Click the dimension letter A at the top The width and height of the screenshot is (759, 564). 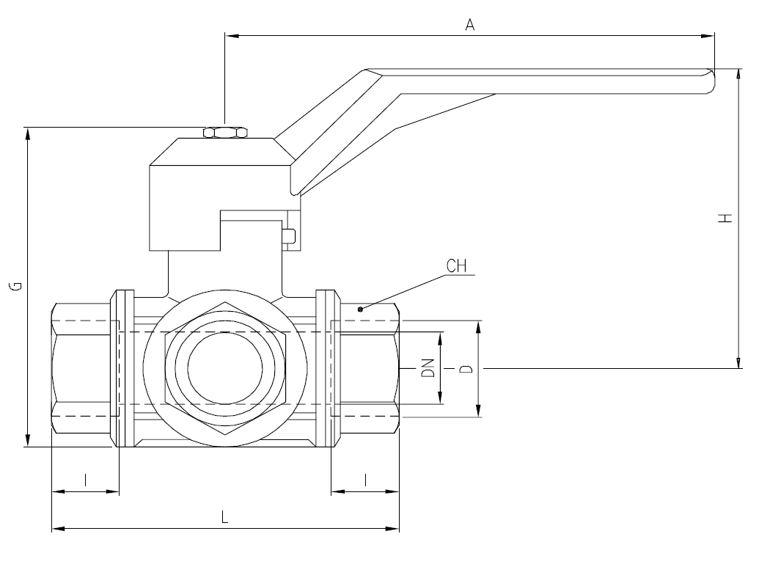(x=471, y=25)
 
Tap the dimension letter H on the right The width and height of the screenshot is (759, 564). (x=725, y=218)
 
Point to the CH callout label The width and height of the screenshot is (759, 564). (x=457, y=265)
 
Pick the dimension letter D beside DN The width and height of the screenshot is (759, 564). (x=464, y=368)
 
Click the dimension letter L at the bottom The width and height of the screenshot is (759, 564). (x=225, y=517)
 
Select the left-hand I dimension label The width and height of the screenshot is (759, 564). (x=86, y=480)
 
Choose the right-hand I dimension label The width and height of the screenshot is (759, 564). (x=365, y=480)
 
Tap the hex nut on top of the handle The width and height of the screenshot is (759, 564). (x=224, y=133)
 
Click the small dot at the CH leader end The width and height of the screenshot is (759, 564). (x=360, y=310)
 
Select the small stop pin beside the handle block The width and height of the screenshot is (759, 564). (x=289, y=236)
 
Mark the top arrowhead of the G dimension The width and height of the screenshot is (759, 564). (x=28, y=132)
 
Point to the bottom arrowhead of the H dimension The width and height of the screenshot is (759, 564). (x=737, y=362)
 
